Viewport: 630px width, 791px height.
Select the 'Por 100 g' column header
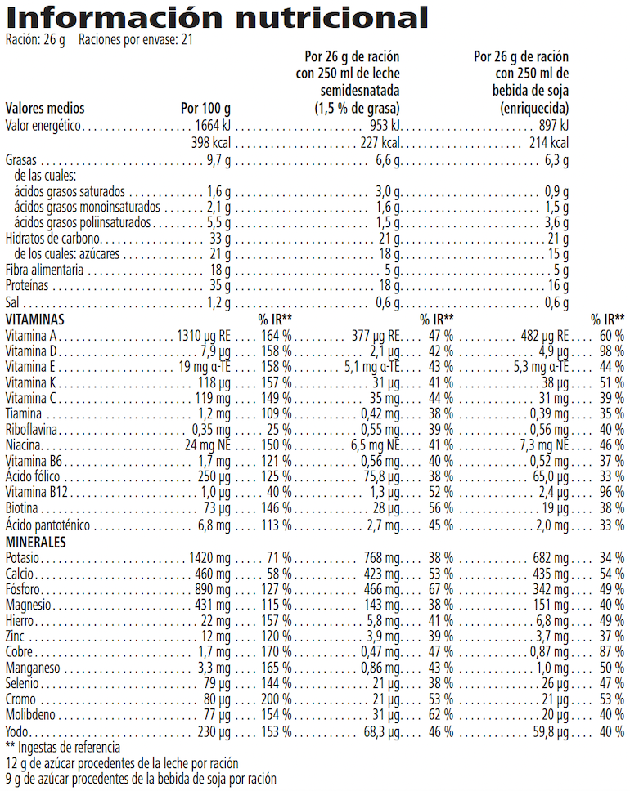(205, 109)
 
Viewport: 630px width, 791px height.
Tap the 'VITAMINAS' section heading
(34, 319)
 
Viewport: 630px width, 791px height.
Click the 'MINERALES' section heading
(35, 542)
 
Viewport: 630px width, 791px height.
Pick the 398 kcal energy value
(211, 143)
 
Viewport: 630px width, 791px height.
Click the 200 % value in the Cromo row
(276, 699)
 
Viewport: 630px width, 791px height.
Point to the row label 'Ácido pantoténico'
(47, 525)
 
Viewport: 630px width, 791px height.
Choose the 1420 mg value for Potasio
(212, 558)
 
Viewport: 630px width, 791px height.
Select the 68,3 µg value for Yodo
(381, 731)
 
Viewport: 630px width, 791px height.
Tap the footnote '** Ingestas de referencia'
(63, 747)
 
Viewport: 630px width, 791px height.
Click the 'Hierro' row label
(21, 621)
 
